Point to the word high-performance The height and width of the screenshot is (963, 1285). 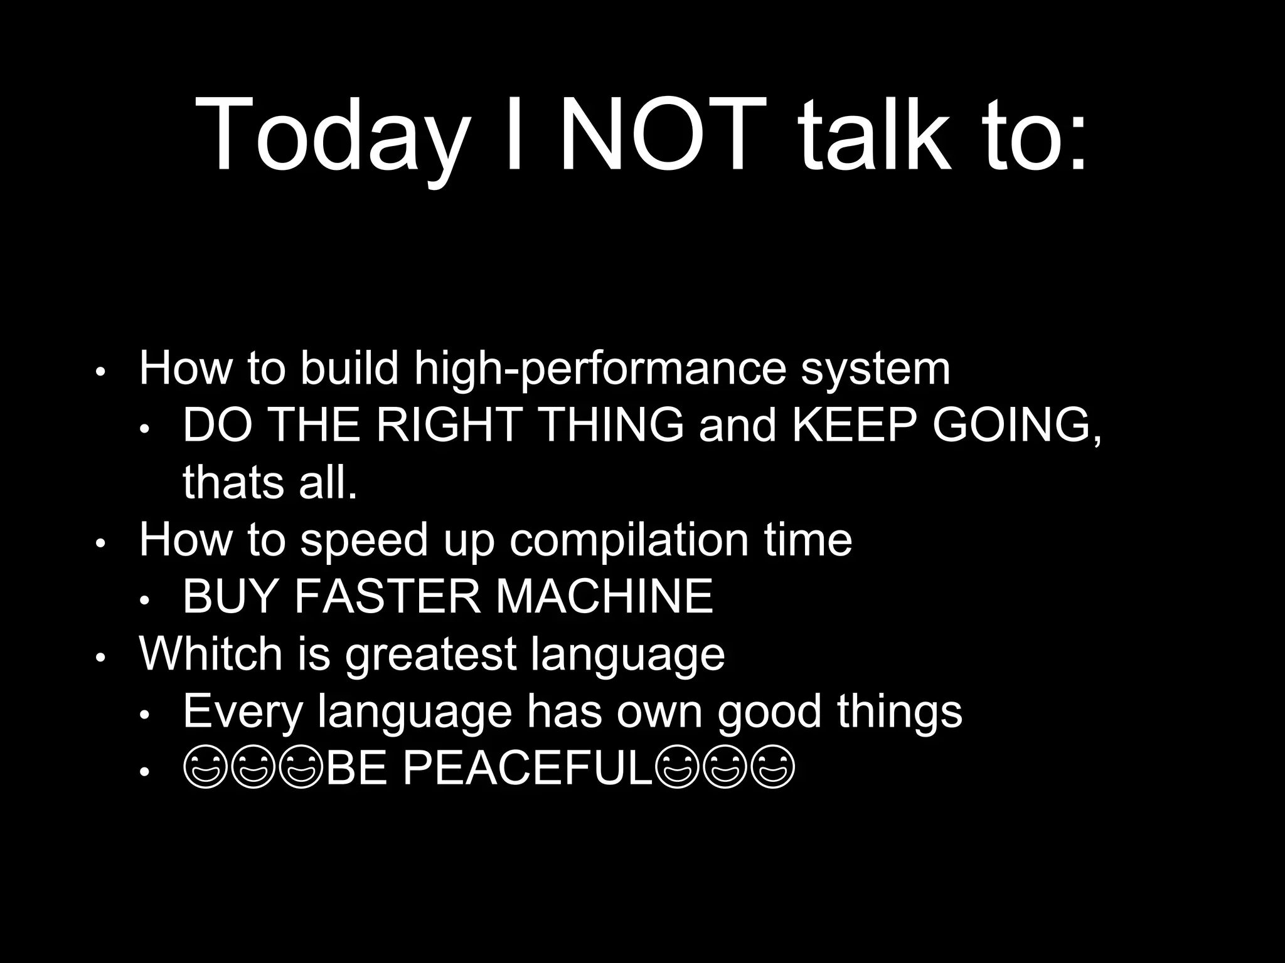(x=600, y=370)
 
